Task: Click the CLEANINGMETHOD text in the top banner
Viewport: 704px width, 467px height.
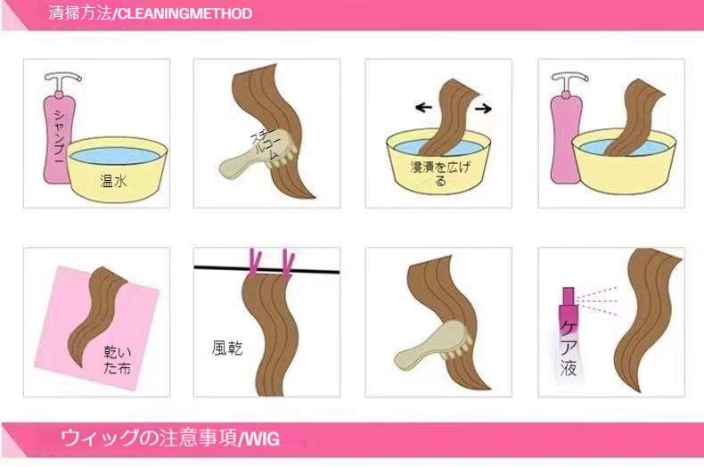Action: click(184, 13)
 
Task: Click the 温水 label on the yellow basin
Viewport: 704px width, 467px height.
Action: click(113, 181)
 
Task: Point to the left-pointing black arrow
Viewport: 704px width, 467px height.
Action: click(423, 107)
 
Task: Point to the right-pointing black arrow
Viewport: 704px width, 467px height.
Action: click(483, 108)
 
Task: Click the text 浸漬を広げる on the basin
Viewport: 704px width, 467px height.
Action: click(440, 173)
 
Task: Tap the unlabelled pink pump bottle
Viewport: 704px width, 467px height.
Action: click(567, 129)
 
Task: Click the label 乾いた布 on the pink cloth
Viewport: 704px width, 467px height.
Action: click(118, 359)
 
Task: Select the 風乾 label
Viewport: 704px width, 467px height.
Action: click(227, 348)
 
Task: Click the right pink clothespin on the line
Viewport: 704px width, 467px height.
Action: click(288, 264)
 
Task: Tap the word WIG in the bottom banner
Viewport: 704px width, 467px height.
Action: click(261, 438)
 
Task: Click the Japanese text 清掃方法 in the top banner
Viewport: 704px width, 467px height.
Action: click(80, 13)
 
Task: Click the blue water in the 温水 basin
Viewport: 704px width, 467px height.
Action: click(115, 156)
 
